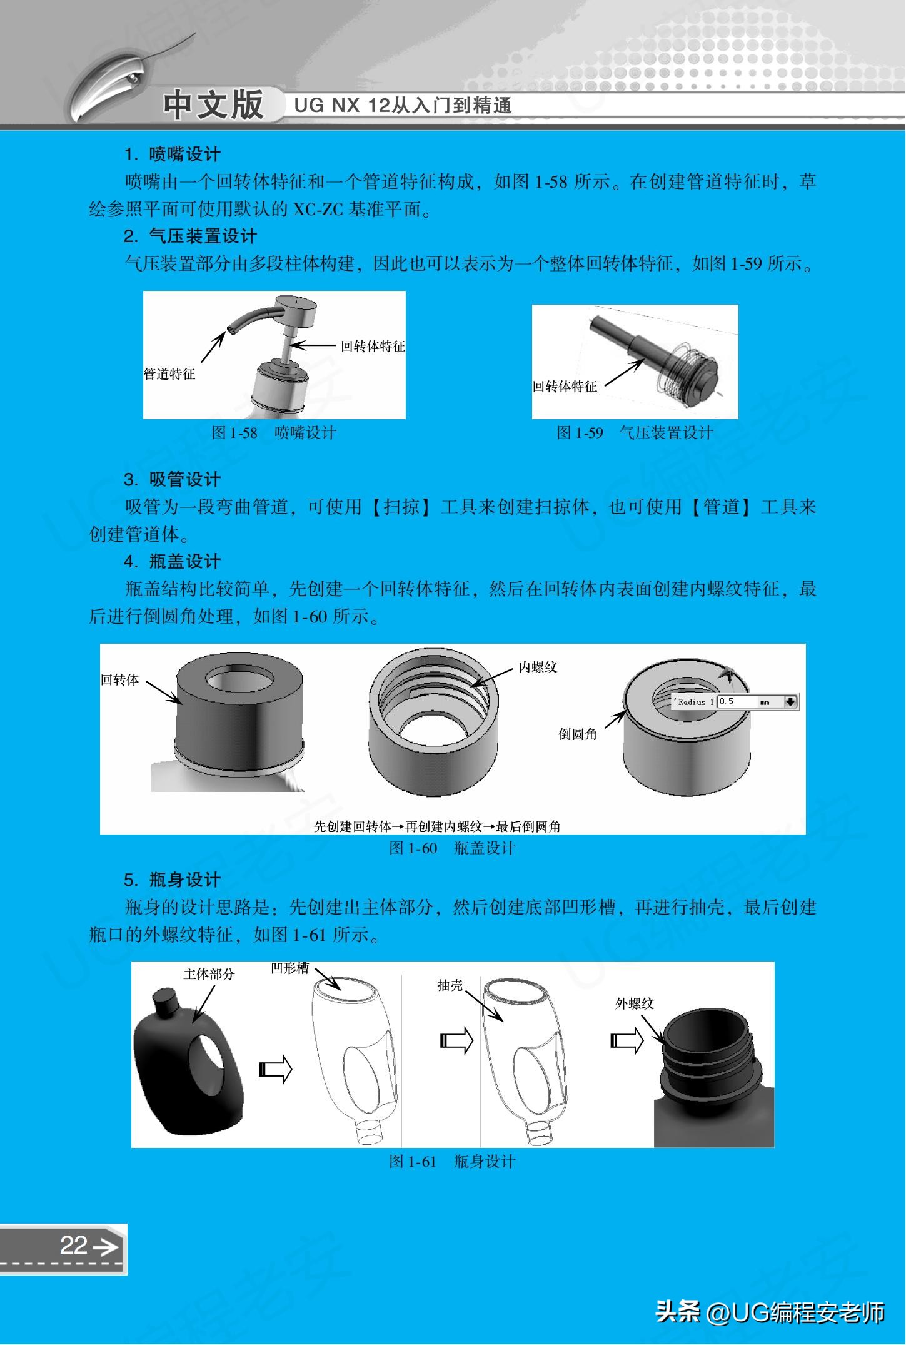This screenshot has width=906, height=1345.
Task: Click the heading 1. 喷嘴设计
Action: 173,154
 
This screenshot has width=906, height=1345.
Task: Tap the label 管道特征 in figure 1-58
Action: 169,374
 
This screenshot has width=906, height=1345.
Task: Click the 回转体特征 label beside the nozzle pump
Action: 373,346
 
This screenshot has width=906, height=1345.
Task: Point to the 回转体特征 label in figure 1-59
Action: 565,387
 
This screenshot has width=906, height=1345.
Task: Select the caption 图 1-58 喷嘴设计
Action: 274,433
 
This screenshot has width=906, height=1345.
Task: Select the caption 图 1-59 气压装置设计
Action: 635,433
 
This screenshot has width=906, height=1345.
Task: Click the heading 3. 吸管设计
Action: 173,480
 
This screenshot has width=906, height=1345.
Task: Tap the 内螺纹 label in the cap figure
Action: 538,667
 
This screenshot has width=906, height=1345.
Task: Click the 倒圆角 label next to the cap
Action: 578,734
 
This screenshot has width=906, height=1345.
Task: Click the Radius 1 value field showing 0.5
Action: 737,701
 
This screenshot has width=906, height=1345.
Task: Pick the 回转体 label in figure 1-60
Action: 120,679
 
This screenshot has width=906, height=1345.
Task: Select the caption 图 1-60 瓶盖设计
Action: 452,848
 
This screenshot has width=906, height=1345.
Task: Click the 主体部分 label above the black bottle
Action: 209,974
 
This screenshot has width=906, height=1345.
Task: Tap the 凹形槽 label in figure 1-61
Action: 290,968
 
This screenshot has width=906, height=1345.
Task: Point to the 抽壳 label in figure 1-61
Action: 450,985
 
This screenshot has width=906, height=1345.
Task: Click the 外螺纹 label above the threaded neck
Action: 634,1003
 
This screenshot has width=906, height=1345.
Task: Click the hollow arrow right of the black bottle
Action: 275,1069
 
